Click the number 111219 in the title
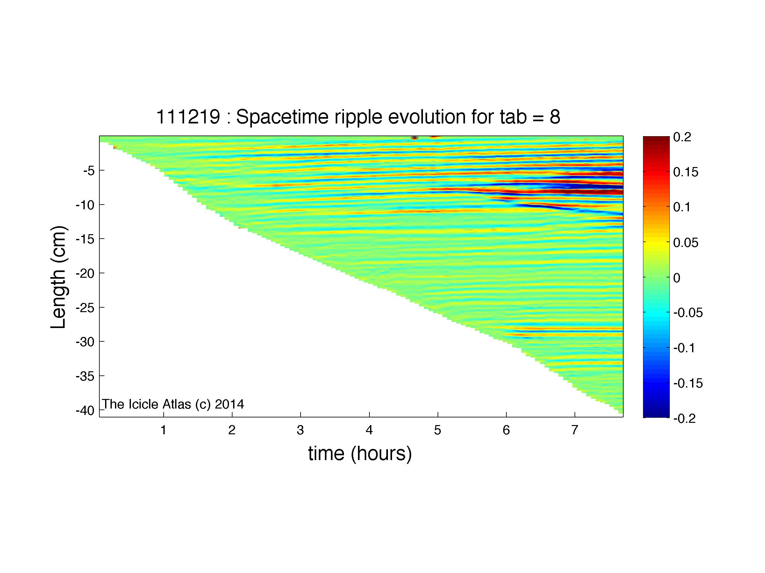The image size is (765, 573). (188, 117)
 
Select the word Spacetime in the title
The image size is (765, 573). (282, 117)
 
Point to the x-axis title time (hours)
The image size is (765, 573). (360, 453)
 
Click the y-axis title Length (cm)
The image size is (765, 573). (58, 277)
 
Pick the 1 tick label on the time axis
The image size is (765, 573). (164, 430)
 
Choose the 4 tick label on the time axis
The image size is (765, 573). (369, 430)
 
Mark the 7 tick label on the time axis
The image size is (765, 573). (575, 430)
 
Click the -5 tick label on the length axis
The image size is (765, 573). (89, 171)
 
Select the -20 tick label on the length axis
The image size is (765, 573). (85, 274)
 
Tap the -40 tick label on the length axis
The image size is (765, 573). (85, 411)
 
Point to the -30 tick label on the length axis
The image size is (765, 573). (85, 342)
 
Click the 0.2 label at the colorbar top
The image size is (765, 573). (682, 137)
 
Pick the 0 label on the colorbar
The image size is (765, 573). (677, 278)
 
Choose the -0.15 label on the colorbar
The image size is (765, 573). (688, 383)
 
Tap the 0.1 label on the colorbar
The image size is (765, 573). (682, 207)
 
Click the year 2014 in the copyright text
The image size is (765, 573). (229, 404)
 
